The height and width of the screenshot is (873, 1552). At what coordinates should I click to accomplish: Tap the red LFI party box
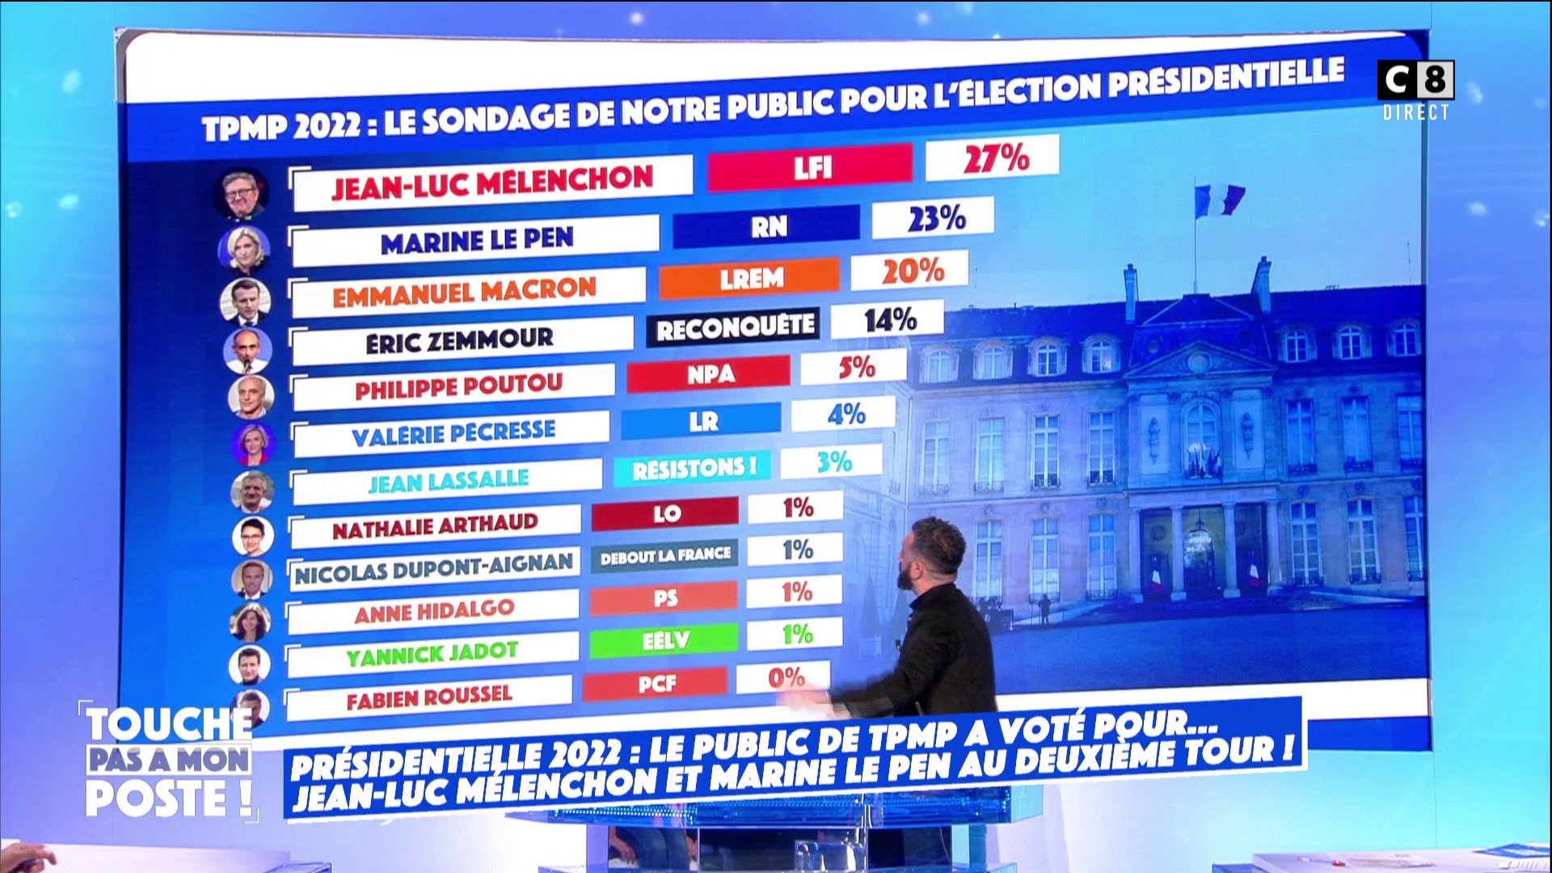pyautogui.click(x=811, y=167)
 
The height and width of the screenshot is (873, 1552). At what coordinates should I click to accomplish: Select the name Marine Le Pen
pyautogui.click(x=477, y=241)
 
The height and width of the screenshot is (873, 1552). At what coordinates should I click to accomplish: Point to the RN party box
pyautogui.click(x=767, y=226)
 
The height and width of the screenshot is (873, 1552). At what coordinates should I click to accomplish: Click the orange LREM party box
pyautogui.click(x=750, y=278)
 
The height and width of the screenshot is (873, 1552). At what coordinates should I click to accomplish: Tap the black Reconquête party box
pyautogui.click(x=734, y=327)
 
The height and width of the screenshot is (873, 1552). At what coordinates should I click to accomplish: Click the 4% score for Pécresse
pyautogui.click(x=846, y=415)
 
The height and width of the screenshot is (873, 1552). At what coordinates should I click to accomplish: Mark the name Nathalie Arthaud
pyautogui.click(x=435, y=526)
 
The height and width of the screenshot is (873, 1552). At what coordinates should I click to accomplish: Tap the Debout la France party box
pyautogui.click(x=664, y=556)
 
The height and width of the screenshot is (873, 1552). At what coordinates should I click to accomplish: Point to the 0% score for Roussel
pyautogui.click(x=787, y=677)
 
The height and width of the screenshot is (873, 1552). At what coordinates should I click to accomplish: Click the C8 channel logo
pyautogui.click(x=1415, y=80)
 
